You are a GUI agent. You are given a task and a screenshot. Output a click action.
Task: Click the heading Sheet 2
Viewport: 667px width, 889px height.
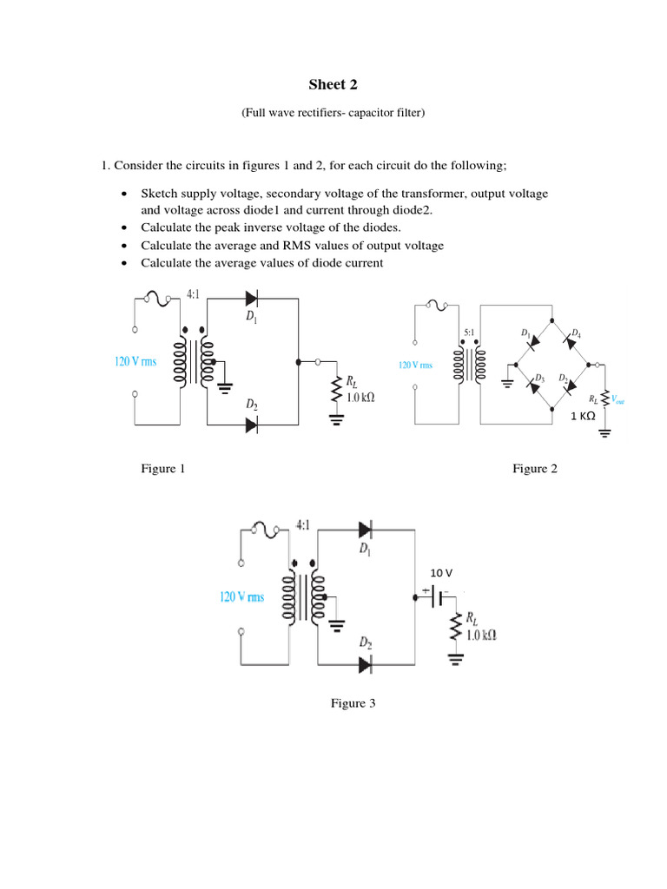[333, 84]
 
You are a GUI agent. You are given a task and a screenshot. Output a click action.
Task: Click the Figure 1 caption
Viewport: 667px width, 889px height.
[163, 469]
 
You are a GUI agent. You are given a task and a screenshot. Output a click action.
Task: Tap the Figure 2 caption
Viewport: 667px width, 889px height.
[535, 469]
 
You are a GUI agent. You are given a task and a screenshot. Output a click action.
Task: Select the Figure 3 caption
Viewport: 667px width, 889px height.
[353, 703]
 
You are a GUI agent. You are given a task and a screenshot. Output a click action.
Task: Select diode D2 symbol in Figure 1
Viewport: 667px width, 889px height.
[252, 425]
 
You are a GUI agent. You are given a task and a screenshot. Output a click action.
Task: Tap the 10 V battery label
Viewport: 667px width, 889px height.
[442, 572]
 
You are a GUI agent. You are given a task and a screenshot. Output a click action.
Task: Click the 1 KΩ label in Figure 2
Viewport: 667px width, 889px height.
[582, 416]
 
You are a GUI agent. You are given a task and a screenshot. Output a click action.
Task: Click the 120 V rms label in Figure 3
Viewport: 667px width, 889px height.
[241, 597]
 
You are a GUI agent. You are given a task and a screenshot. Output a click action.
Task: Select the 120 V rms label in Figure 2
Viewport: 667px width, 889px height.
[415, 365]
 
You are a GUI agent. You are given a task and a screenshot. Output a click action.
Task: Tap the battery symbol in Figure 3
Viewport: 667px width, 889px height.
[438, 597]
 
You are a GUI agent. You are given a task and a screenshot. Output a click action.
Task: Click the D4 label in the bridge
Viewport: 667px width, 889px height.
[576, 333]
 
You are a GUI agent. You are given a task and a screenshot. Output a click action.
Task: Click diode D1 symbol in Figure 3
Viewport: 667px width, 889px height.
[366, 528]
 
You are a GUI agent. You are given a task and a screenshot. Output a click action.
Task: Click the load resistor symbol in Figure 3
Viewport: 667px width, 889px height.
[453, 629]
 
